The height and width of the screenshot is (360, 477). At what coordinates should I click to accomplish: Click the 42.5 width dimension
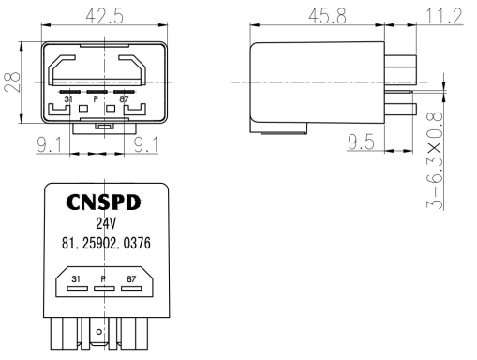pyautogui.click(x=105, y=16)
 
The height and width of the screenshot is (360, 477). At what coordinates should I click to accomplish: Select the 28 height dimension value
pyautogui.click(x=12, y=82)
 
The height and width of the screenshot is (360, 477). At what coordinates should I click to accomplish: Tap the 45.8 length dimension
pyautogui.click(x=328, y=16)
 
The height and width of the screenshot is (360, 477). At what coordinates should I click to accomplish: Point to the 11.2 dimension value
pyautogui.click(x=444, y=16)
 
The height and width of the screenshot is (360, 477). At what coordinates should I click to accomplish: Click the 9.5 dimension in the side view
pyautogui.click(x=361, y=142)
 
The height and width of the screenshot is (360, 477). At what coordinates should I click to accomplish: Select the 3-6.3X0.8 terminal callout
pyautogui.click(x=435, y=160)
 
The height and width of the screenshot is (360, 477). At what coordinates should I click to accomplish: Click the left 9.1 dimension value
pyautogui.click(x=50, y=144)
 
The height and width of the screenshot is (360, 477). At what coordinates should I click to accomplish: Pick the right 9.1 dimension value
pyautogui.click(x=146, y=144)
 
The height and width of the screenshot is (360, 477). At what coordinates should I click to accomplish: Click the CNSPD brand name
pyautogui.click(x=103, y=202)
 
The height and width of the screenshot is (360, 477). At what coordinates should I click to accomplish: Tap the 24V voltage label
pyautogui.click(x=106, y=223)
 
